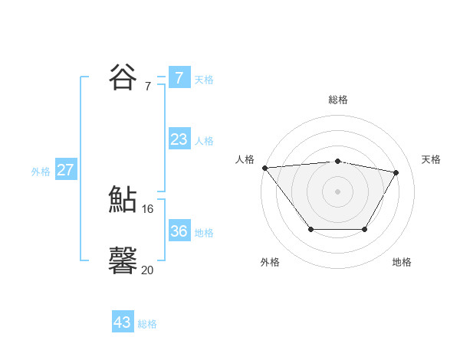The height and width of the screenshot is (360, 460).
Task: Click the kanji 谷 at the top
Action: (123, 77)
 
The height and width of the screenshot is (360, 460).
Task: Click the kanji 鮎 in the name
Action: (123, 199)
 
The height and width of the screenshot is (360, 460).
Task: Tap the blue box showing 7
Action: (179, 77)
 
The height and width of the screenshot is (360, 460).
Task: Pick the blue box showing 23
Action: (179, 139)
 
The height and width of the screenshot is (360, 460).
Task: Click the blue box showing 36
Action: (179, 231)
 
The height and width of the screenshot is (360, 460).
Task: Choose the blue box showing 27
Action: (66, 170)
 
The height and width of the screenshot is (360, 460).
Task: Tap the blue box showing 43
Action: (123, 322)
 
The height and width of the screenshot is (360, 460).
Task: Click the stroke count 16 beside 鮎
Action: (148, 208)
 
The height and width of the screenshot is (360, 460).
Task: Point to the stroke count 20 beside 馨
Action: (148, 270)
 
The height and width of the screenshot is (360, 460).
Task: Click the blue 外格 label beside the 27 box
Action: (41, 172)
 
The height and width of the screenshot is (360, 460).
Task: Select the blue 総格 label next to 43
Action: (147, 324)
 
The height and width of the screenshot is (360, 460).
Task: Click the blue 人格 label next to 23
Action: (204, 141)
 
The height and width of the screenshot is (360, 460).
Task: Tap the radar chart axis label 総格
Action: (337, 100)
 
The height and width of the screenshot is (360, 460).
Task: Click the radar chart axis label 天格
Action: (431, 159)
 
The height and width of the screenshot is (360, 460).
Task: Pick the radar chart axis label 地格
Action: (402, 262)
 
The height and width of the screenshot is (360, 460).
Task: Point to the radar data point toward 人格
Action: (264, 168)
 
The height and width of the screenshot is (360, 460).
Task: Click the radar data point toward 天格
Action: (396, 172)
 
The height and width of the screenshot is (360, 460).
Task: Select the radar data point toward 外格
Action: (310, 229)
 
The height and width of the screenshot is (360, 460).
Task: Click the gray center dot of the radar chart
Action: (337, 191)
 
